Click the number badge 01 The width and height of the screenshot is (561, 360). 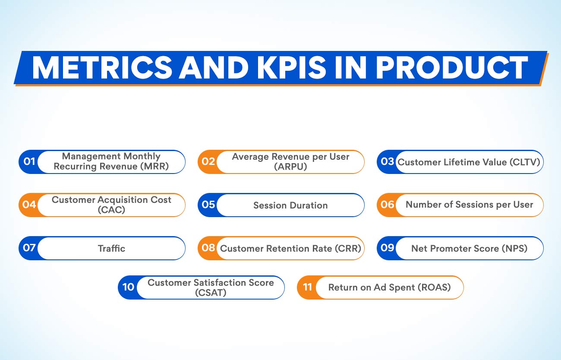[29, 162]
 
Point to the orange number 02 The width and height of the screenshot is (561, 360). [208, 162]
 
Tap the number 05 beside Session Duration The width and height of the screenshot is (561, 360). [208, 205]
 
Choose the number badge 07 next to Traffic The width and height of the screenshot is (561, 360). [29, 248]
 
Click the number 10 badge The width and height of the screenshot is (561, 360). [128, 287]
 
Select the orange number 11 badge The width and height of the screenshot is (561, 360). [307, 287]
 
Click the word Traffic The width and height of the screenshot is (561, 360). [111, 248]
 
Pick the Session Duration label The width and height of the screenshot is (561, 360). [290, 205]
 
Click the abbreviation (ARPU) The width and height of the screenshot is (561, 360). [290, 167]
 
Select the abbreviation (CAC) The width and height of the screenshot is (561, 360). [111, 210]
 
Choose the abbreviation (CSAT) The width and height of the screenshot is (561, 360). [211, 292]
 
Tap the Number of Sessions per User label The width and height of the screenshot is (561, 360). [470, 205]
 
